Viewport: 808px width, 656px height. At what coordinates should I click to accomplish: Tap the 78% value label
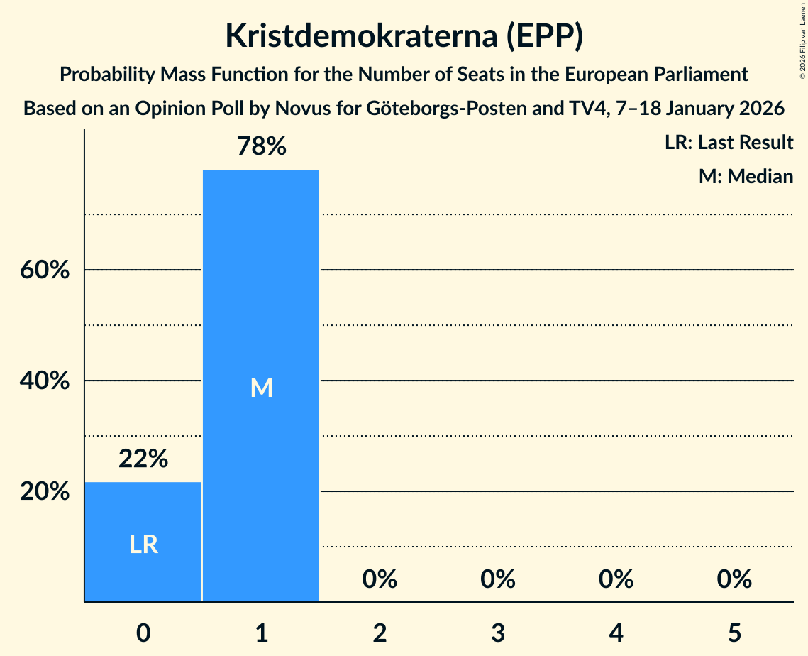pyautogui.click(x=261, y=147)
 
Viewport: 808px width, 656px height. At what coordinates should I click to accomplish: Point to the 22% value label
pyautogui.click(x=143, y=459)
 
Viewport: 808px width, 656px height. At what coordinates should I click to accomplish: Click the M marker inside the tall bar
pyautogui.click(x=261, y=388)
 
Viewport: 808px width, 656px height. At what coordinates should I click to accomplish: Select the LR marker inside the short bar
pyautogui.click(x=143, y=545)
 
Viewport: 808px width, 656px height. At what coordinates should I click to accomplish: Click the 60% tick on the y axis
pyautogui.click(x=45, y=270)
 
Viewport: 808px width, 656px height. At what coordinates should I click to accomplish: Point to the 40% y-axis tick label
pyautogui.click(x=45, y=381)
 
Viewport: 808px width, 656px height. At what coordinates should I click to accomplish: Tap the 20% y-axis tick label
pyautogui.click(x=45, y=492)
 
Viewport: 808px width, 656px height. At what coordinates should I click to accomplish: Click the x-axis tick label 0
pyautogui.click(x=143, y=632)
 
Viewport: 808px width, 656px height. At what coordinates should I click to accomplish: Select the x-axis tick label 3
pyautogui.click(x=497, y=632)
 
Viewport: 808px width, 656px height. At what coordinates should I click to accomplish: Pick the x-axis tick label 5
pyautogui.click(x=734, y=632)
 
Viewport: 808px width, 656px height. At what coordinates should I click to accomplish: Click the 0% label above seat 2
pyautogui.click(x=380, y=580)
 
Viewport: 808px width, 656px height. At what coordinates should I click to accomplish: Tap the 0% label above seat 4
pyautogui.click(x=616, y=580)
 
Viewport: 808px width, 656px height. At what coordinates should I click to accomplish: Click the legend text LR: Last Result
pyautogui.click(x=729, y=143)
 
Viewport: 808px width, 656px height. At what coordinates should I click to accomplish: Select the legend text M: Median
pyautogui.click(x=746, y=176)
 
